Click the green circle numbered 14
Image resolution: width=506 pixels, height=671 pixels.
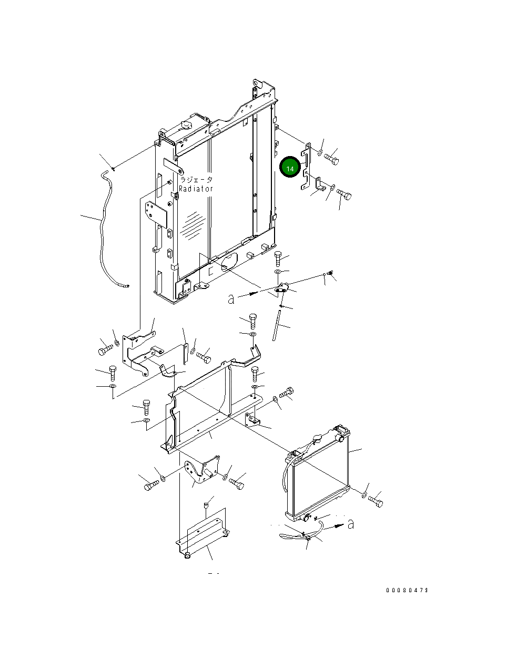290,167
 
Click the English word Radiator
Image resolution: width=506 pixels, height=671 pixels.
196,189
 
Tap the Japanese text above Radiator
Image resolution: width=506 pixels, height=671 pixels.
196,180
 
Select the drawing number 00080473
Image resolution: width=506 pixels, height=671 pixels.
407,590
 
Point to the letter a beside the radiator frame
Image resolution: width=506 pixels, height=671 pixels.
231,299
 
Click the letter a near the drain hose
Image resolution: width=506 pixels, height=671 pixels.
351,524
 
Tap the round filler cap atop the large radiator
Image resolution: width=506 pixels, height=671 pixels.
185,125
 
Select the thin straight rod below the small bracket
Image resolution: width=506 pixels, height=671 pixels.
276,325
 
